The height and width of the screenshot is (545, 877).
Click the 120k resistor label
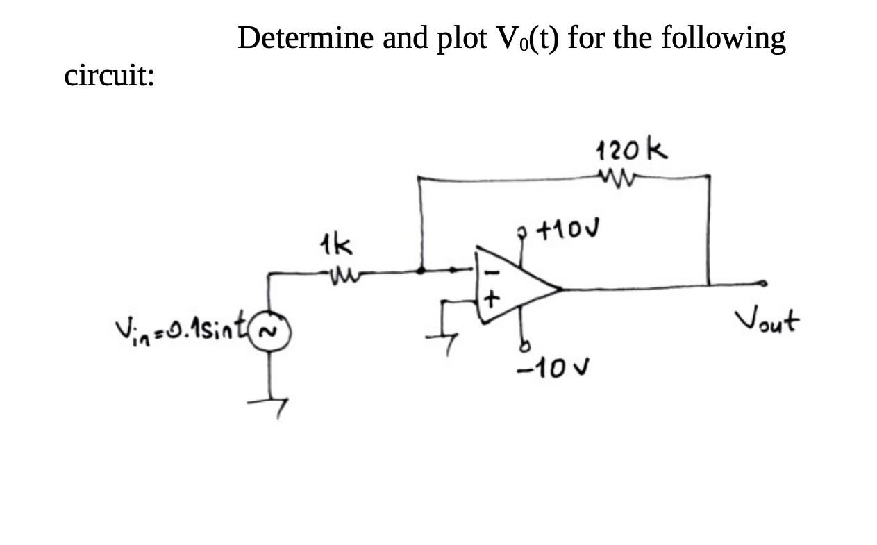(631, 149)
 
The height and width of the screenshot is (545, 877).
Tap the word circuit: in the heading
(109, 75)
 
